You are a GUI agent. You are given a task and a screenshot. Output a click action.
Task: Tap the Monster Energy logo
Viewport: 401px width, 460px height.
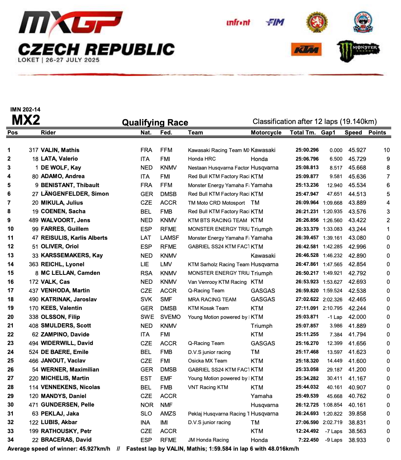click(358, 50)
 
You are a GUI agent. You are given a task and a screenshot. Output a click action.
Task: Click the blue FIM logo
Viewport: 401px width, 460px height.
click(275, 23)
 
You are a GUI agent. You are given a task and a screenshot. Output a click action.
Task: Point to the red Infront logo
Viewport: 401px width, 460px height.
click(238, 23)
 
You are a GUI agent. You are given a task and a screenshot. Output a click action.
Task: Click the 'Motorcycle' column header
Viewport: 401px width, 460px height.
click(266, 133)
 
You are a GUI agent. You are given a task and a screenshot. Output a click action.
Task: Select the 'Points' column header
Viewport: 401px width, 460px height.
click(377, 133)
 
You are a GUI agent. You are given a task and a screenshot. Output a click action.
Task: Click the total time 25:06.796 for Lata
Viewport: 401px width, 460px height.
click(307, 159)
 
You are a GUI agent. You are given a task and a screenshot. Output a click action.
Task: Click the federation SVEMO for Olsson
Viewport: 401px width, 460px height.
click(170, 317)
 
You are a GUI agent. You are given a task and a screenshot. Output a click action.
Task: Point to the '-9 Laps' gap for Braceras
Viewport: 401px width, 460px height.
click(334, 440)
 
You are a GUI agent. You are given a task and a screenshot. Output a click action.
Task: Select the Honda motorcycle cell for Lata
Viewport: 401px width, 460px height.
click(259, 159)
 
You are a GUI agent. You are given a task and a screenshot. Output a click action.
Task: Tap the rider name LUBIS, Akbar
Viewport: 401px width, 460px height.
click(59, 422)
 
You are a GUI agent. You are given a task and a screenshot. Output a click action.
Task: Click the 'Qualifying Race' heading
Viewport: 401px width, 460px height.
click(155, 123)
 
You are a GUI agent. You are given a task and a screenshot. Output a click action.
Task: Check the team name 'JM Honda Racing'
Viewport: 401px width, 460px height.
click(208, 440)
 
